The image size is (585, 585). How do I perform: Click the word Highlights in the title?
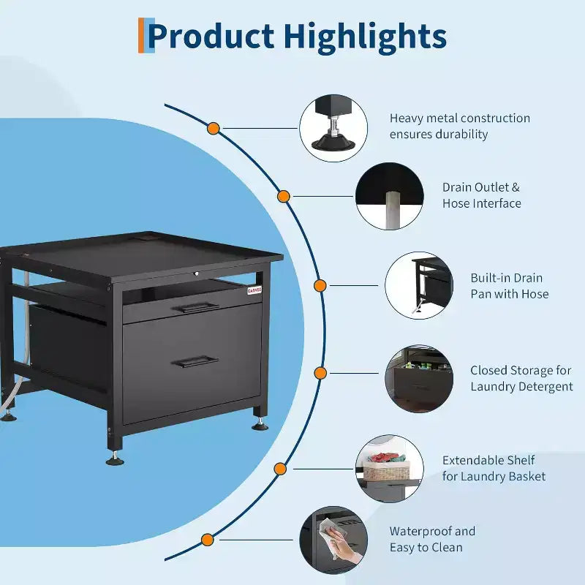pos(364,38)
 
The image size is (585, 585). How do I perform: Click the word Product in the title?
pos(211,36)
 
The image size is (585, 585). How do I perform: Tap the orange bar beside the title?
pos(141,35)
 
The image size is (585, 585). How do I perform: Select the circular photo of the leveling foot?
pos(333,128)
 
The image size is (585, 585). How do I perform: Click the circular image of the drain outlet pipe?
pos(389,196)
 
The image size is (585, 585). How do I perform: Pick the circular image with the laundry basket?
pos(389,469)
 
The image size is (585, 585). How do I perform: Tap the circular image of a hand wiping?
pos(333,540)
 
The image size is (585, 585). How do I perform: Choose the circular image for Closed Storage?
pos(419,378)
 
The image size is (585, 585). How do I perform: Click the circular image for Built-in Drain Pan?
pos(419,285)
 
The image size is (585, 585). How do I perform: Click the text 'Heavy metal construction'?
pos(460,118)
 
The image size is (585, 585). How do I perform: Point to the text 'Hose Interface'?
pos(482,203)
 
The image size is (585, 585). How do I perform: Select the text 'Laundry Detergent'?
pos(521,387)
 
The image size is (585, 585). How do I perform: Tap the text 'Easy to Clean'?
pos(426,547)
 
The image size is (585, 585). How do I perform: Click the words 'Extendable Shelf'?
pos(488,460)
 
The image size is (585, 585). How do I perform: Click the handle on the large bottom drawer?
pos(195,361)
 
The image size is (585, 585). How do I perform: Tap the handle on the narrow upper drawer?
pos(195,307)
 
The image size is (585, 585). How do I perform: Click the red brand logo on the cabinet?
pos(254,290)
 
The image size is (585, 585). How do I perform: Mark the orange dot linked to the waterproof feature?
pos(207,540)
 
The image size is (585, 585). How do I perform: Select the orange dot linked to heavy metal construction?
pos(213,129)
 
